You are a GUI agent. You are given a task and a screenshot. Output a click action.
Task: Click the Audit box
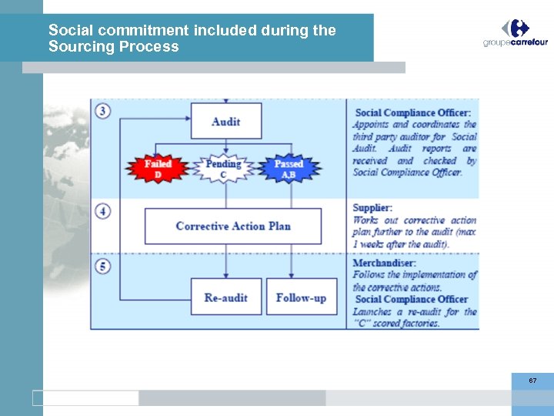coord(225,122)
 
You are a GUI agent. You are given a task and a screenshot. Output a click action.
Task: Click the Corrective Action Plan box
coord(233,226)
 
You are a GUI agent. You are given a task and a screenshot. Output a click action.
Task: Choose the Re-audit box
coord(225,297)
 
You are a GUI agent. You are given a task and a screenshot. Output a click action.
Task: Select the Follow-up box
coord(301,297)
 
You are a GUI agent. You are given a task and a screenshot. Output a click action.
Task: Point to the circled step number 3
coord(103,111)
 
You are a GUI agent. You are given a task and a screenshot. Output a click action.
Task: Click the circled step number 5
coord(103,267)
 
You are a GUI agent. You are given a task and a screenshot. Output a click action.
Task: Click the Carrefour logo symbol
coord(516,29)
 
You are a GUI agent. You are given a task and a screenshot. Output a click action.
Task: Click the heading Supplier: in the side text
coord(372,207)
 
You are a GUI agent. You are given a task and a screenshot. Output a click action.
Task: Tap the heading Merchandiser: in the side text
coord(384,263)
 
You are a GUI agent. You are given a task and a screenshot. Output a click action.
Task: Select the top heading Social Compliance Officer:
coord(411,113)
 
